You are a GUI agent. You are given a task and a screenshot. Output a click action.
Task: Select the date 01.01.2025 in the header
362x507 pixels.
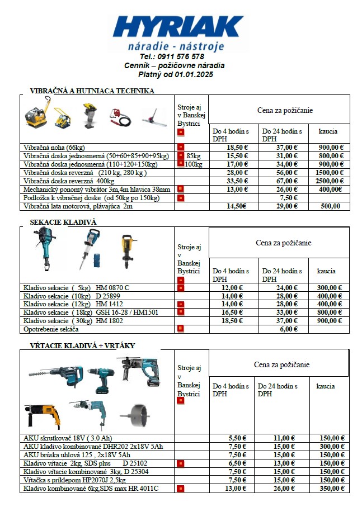pyautogui.click(x=194, y=74)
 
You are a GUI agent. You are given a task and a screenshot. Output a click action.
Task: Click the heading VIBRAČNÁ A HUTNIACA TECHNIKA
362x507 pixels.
pyautogui.click(x=92, y=91)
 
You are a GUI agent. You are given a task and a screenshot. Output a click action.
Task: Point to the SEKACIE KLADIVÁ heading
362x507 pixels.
pyautogui.click(x=63, y=222)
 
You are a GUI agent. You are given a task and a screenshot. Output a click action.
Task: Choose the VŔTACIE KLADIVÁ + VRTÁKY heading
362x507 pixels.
pyautogui.click(x=82, y=345)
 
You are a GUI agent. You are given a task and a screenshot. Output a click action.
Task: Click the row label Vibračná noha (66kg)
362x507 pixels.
pyautogui.click(x=51, y=148)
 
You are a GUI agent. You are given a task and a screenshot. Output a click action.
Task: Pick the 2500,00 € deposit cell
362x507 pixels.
pyautogui.click(x=328, y=181)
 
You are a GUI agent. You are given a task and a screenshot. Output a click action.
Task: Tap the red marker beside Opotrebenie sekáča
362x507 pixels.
pyautogui.click(x=180, y=329)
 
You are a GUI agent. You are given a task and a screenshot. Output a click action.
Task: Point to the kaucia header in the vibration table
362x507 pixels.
pyautogui.click(x=327, y=131)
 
